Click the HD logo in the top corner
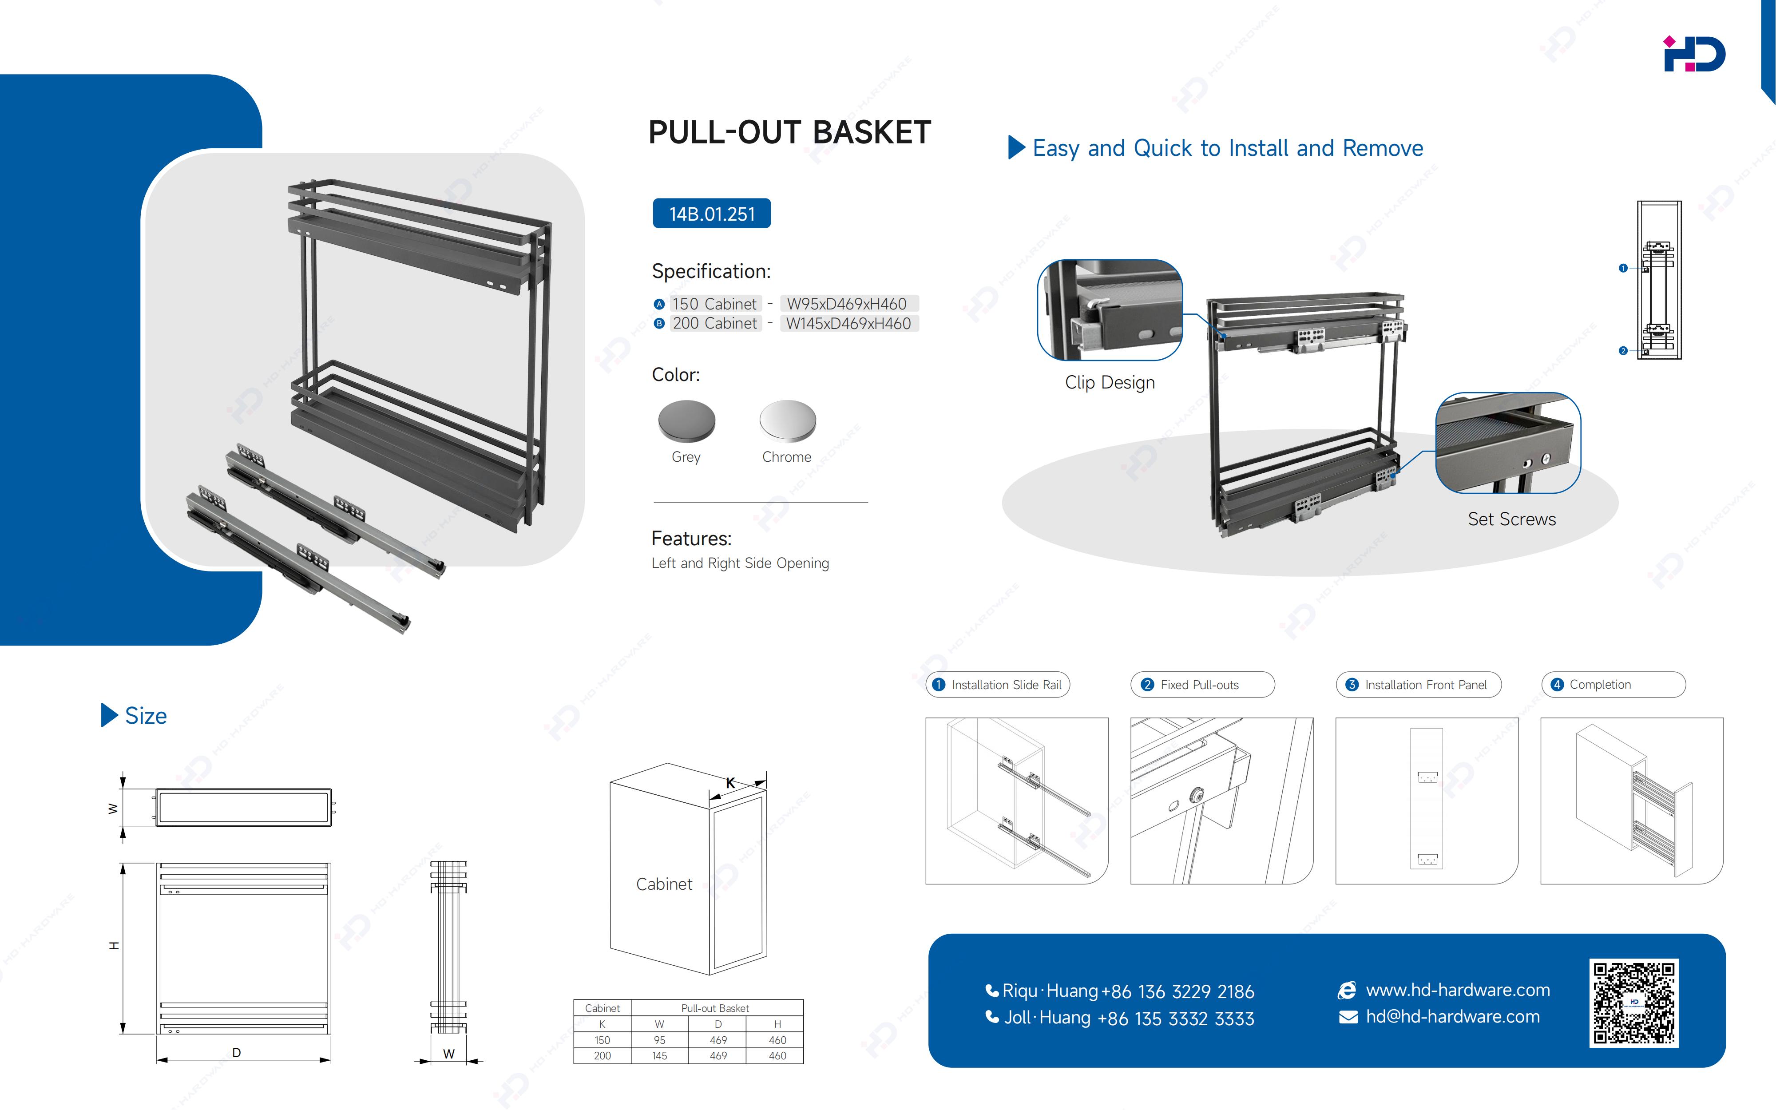click(x=1694, y=54)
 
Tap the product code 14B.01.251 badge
click(x=711, y=214)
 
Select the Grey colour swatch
click(x=686, y=420)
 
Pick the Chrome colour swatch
click(x=788, y=420)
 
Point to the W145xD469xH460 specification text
click(x=848, y=324)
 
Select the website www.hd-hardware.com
click(x=1458, y=990)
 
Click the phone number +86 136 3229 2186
click(x=1178, y=992)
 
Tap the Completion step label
click(x=1600, y=684)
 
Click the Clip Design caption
click(x=1110, y=382)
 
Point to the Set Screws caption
click(x=1512, y=519)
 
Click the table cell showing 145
click(x=659, y=1056)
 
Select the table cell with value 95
click(x=659, y=1040)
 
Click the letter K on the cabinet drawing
click(x=730, y=783)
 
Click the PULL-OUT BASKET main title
click(x=790, y=132)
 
